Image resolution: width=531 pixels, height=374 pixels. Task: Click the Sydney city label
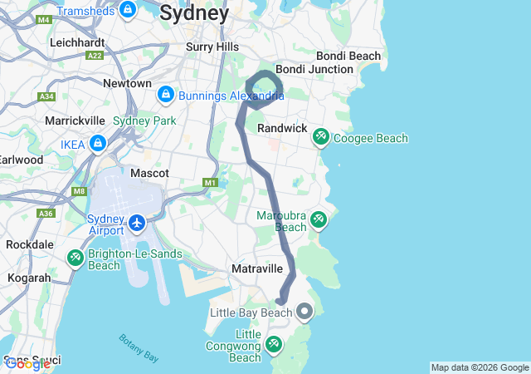pyautogui.click(x=194, y=13)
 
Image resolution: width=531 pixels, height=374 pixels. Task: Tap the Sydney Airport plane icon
pyautogui.click(x=137, y=223)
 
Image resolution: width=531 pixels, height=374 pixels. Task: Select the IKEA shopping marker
pyautogui.click(x=99, y=144)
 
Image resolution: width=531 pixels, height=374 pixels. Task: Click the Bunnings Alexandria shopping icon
pyautogui.click(x=165, y=93)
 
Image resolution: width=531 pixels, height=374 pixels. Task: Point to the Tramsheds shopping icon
pyautogui.click(x=127, y=10)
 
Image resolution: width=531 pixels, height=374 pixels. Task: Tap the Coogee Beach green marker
pyautogui.click(x=319, y=137)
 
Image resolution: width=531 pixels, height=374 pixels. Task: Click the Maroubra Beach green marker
pyautogui.click(x=318, y=220)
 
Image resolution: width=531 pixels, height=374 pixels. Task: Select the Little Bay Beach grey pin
pyautogui.click(x=304, y=312)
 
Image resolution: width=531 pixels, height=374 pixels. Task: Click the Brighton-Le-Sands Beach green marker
pyautogui.click(x=76, y=258)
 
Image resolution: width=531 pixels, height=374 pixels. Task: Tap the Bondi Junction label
pyautogui.click(x=314, y=69)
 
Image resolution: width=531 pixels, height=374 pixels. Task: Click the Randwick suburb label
pyautogui.click(x=282, y=129)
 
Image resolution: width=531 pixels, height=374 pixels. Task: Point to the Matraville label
pyautogui.click(x=257, y=269)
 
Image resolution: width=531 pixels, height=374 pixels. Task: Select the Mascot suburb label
pyautogui.click(x=149, y=173)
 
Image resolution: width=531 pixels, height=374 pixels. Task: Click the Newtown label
pyautogui.click(x=127, y=83)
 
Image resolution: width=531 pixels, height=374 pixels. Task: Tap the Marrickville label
pyautogui.click(x=74, y=121)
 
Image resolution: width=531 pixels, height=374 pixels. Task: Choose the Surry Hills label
pyautogui.click(x=212, y=47)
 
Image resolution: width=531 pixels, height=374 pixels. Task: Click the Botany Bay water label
pyautogui.click(x=138, y=347)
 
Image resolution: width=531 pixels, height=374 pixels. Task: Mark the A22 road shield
pyautogui.click(x=95, y=55)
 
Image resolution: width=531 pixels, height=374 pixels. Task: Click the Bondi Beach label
pyautogui.click(x=351, y=56)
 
